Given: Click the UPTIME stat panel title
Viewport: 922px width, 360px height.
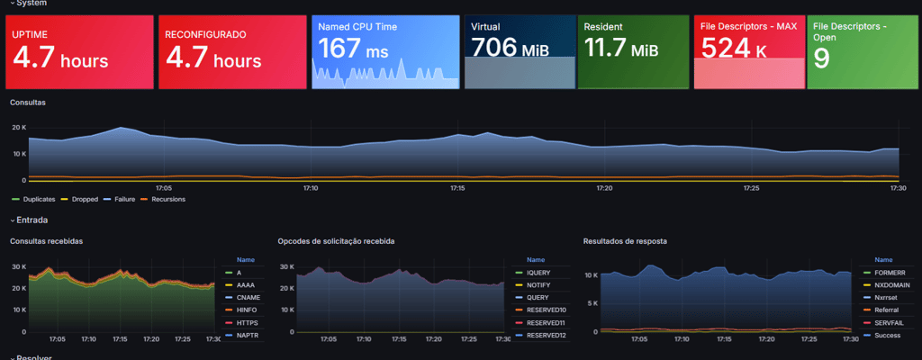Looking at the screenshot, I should (32, 34).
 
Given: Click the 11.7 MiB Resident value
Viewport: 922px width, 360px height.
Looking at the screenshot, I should (620, 49).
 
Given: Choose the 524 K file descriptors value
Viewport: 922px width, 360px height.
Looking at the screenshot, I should (734, 49).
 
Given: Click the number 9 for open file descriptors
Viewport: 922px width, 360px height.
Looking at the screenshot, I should (821, 59).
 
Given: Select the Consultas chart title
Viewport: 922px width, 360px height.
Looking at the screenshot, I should (28, 103).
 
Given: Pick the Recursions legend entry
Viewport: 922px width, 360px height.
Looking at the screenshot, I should (168, 199).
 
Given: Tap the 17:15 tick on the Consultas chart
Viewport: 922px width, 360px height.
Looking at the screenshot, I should (457, 188).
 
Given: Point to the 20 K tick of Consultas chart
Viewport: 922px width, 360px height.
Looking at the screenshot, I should (18, 127).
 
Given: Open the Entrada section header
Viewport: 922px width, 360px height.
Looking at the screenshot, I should (32, 220).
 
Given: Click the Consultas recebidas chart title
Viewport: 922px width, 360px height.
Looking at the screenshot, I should (47, 241).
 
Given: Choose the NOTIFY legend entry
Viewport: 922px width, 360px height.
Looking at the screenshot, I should (539, 284).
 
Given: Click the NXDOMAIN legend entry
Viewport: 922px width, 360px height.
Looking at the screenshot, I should (891, 284).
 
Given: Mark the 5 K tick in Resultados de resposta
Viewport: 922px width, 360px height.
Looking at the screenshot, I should (591, 303).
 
